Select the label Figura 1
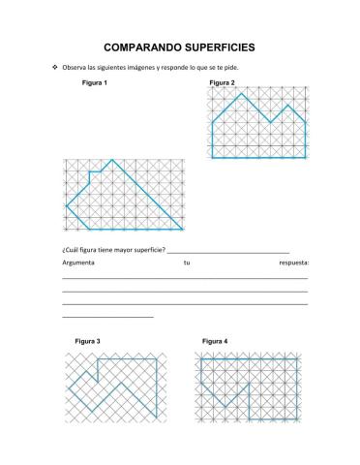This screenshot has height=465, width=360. [95, 84]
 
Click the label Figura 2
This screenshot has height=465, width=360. [222, 84]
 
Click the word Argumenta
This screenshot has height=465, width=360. [79, 263]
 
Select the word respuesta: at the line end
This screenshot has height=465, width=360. [292, 263]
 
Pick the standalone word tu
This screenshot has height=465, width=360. [187, 263]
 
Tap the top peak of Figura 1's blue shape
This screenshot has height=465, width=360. [112, 160]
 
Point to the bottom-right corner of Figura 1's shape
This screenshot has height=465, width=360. [183, 230]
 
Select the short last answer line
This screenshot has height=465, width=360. [107, 317]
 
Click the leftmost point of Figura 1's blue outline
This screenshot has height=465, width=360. [66, 206]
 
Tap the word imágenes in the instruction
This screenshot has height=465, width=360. [156, 68]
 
